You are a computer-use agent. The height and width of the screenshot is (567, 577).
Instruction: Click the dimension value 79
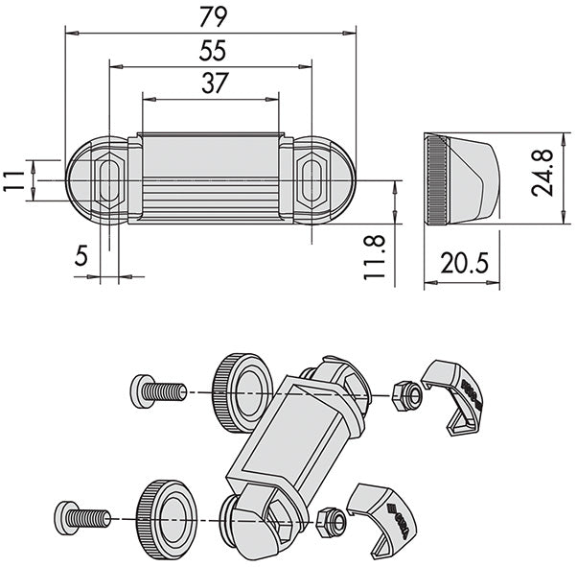coord(214,17)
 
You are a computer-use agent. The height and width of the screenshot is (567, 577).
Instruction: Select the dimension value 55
coord(213,51)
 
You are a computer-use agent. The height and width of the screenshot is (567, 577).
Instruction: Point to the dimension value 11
coord(13,180)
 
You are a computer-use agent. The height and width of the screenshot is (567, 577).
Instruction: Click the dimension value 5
coord(81,255)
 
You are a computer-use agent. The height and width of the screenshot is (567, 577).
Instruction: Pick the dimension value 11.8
coord(374,257)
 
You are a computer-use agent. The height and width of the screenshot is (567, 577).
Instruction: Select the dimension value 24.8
coord(542,173)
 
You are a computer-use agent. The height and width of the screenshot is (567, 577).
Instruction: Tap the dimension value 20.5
coord(465,263)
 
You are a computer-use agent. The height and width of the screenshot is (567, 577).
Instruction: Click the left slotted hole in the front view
coord(109,180)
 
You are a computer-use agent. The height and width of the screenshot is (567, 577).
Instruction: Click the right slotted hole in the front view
coord(312,180)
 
